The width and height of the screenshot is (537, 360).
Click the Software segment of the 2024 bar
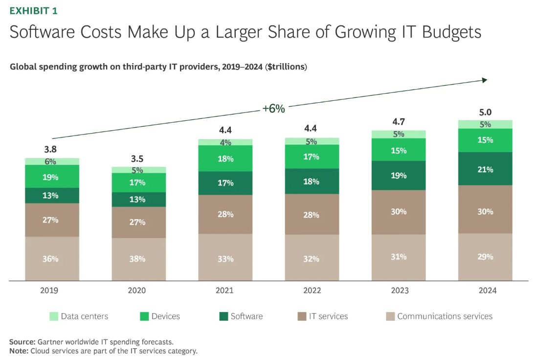(x=485, y=169)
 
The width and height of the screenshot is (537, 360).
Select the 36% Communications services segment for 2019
(x=52, y=259)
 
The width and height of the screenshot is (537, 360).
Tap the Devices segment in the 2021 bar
(x=225, y=158)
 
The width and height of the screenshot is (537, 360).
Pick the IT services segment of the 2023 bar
(x=399, y=212)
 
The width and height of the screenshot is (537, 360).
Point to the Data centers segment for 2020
(x=138, y=170)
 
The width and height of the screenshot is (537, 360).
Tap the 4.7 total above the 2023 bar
(x=399, y=122)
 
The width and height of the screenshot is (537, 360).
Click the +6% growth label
(x=273, y=109)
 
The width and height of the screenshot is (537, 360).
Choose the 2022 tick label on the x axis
(x=312, y=291)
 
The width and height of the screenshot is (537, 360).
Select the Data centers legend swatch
(x=54, y=316)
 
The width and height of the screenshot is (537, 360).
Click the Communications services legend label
(x=445, y=316)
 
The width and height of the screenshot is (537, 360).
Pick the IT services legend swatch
(x=302, y=316)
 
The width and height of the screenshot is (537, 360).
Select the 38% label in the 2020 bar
(x=137, y=259)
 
